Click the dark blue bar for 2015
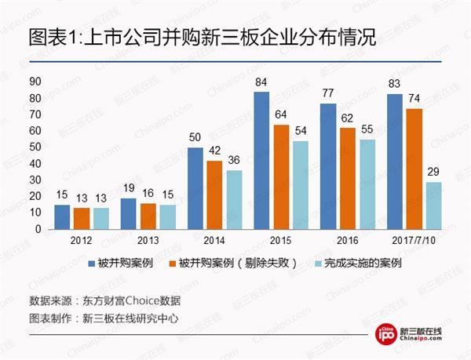pos(262,160)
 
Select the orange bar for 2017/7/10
pos(413,169)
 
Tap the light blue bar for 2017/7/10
pos(433,205)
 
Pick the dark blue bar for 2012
pos(61,216)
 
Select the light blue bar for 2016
pos(366,184)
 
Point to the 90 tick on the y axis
pos(35,82)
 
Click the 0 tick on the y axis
pos(38,229)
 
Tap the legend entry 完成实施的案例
pos(366,264)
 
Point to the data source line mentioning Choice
pos(105,300)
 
